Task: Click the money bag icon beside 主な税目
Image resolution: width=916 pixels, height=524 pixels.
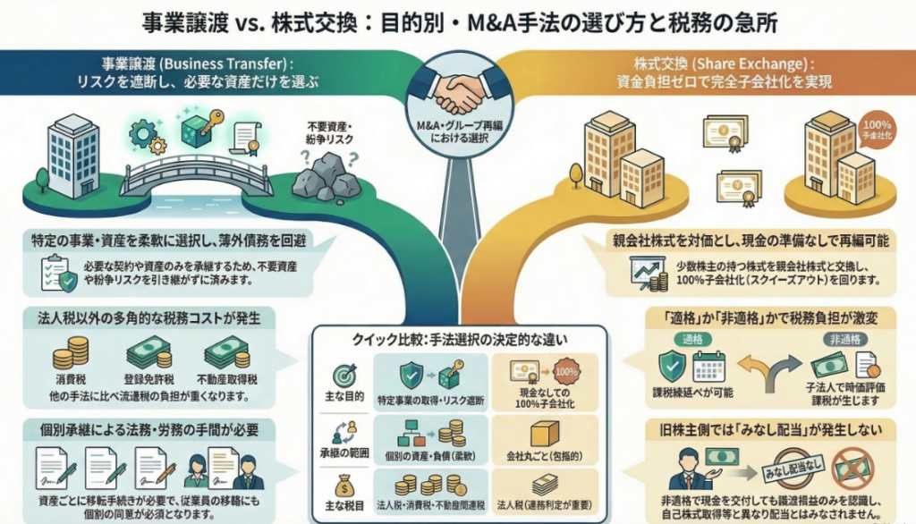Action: tap(343, 489)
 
